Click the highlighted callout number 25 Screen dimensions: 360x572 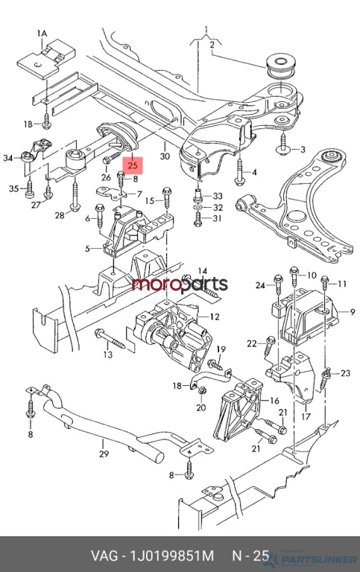(x=133, y=165)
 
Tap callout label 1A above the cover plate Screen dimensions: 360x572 (x=42, y=34)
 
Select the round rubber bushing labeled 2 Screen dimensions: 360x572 (x=281, y=66)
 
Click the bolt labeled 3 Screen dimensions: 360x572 (x=283, y=145)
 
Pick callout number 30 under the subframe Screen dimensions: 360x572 (x=165, y=156)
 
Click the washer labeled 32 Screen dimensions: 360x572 (x=198, y=208)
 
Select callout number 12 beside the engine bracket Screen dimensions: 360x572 (x=215, y=317)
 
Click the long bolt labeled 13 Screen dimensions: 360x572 (x=110, y=339)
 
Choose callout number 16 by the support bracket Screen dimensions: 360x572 (x=274, y=401)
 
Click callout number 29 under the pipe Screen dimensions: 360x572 (x=104, y=454)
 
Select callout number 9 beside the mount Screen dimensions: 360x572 (x=353, y=311)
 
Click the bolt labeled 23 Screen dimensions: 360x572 (x=326, y=378)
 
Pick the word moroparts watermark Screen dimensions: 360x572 (x=180, y=285)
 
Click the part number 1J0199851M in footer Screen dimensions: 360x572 (x=172, y=556)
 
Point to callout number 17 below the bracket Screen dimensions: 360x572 (x=306, y=416)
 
